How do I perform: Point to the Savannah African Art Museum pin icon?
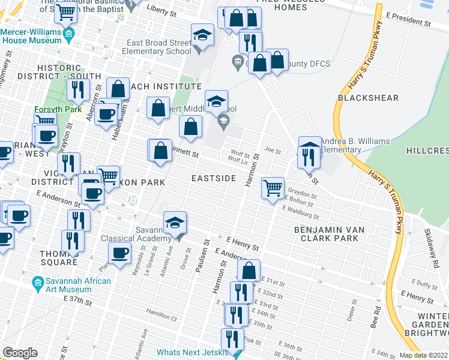point(38,281)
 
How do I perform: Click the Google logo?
point(20,352)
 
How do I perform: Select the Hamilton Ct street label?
point(163,311)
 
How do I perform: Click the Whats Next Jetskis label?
point(193,352)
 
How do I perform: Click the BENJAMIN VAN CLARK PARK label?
point(334,234)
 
